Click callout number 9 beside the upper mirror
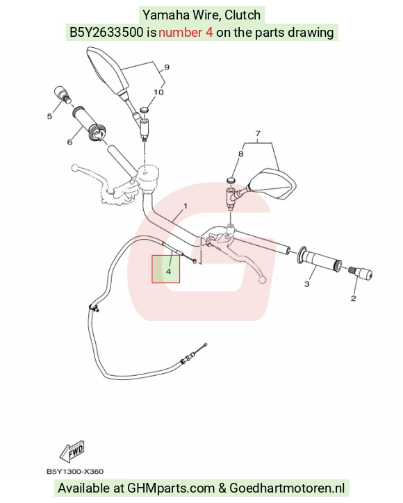[167, 67]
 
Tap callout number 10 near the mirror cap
[159, 92]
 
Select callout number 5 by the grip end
[49, 116]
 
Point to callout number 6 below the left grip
[69, 142]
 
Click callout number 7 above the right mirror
[258, 133]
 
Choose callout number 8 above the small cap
[241, 154]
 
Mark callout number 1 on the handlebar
[185, 206]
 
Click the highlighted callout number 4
[168, 272]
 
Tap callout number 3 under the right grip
[306, 284]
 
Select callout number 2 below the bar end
[353, 298]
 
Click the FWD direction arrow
[72, 452]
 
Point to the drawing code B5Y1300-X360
[75, 472]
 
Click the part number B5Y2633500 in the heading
[106, 33]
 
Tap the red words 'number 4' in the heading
[186, 33]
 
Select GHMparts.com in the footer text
[171, 488]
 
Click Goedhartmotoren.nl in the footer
[287, 488]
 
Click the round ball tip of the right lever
[262, 281]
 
